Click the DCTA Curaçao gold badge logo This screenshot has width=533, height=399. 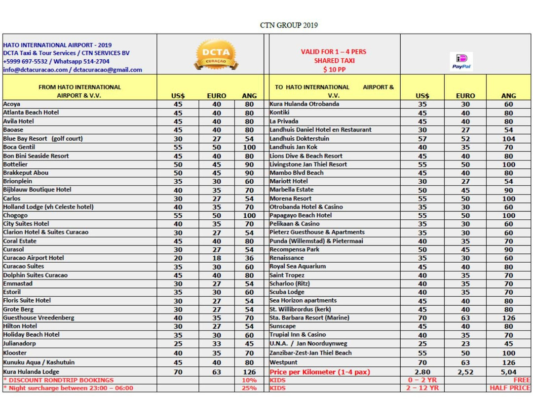point(216,55)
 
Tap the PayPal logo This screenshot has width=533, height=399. point(461,61)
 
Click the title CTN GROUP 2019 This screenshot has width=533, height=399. point(289,25)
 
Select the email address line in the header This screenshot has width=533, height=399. point(73,70)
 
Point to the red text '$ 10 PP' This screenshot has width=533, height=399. point(334,70)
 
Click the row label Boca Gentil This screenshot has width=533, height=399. point(19,147)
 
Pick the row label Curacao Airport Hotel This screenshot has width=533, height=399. point(34,258)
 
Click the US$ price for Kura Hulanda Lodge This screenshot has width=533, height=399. point(178,372)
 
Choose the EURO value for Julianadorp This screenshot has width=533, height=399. point(217,344)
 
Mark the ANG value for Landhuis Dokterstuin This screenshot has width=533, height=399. point(508,139)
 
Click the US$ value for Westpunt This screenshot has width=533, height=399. point(422,362)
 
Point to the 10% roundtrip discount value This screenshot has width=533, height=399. point(249,380)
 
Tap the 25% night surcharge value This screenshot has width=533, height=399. point(249,388)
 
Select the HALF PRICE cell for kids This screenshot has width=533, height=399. point(509,388)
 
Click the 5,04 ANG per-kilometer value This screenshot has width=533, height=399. point(508,372)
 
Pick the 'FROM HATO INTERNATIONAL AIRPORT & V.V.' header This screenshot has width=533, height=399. point(79,91)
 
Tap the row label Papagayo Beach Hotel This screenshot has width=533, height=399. point(301,215)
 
